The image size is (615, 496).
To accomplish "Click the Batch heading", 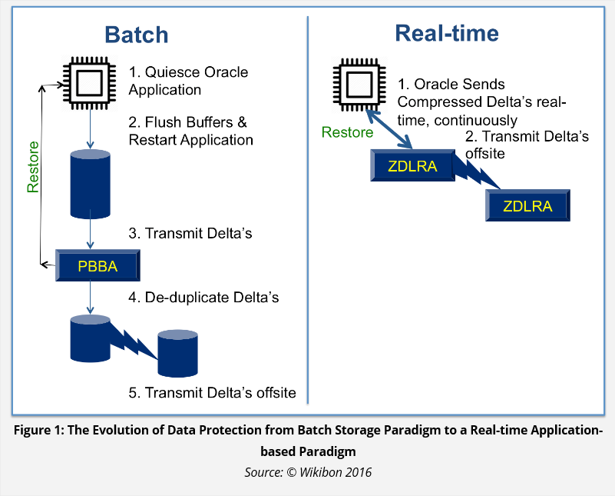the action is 137,35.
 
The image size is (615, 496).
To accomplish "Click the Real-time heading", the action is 447,33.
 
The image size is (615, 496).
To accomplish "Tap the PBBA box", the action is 98,265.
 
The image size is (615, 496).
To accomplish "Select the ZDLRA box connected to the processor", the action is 412,165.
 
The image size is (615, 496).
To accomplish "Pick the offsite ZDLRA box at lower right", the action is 527,205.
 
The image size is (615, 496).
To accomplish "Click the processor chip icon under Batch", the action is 90,83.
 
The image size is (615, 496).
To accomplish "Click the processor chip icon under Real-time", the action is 359,85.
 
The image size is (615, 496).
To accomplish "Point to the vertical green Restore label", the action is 33,167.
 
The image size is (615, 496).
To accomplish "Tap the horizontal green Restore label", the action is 347,132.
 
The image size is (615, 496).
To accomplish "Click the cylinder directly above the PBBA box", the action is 90,184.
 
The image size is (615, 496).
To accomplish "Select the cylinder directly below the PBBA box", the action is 90,338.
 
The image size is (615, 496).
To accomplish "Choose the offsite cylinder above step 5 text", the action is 177,354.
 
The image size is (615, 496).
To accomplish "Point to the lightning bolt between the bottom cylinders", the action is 134,340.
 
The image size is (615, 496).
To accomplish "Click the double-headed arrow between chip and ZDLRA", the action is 389,129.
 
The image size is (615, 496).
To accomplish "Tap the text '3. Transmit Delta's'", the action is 190,233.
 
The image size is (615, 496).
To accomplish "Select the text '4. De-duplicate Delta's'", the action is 203,298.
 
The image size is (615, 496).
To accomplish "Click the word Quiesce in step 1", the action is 173,72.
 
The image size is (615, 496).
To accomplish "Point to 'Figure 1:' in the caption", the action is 38,431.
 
